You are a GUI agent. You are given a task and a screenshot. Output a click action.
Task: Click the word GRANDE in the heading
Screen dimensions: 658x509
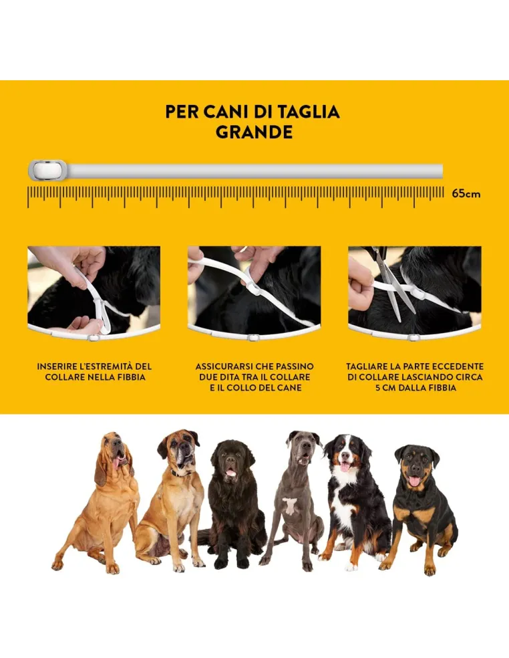[254, 132]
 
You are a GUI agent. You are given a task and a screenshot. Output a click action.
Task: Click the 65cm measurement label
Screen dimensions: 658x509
[466, 194]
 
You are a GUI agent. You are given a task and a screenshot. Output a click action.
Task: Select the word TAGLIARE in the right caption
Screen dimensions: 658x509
[369, 366]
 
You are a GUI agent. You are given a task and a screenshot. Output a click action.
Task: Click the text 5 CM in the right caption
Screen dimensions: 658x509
[385, 388]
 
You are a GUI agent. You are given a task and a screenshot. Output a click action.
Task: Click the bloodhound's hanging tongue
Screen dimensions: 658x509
[118, 461]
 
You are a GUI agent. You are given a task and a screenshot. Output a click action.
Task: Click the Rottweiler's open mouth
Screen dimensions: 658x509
[414, 479]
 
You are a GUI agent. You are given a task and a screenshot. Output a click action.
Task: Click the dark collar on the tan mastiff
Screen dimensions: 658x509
[177, 472]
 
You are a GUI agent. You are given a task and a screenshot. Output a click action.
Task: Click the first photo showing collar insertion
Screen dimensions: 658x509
[94, 290]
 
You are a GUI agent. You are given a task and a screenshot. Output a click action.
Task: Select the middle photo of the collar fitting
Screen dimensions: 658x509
[254, 290]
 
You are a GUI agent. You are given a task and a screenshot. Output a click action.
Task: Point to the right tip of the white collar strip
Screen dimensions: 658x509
[440, 171]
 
